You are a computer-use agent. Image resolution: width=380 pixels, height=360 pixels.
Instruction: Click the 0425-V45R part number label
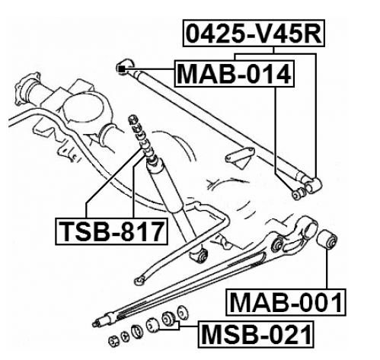point(254,33)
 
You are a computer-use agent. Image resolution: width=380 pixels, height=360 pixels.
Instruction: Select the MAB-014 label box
point(234,74)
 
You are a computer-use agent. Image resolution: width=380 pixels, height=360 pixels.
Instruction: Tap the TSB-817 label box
point(111,231)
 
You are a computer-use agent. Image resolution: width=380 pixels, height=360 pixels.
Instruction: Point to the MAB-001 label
point(286,302)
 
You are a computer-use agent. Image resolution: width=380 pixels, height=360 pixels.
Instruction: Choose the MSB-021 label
point(256,334)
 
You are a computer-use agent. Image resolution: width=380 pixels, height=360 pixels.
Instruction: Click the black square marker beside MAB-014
point(122,68)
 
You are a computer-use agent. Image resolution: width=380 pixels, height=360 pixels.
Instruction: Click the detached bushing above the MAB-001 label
point(327,240)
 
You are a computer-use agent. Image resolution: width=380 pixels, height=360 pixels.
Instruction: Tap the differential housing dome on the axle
point(82,107)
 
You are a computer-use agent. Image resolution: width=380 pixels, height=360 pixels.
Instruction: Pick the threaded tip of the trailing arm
point(97,323)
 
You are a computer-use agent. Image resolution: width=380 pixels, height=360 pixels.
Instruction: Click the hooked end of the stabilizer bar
point(139,280)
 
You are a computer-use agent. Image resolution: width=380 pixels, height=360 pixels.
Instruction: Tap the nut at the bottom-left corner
point(113,341)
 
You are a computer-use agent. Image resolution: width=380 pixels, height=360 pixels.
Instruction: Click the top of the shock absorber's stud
point(132,119)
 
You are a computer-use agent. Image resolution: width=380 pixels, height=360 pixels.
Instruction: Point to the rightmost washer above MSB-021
point(182,313)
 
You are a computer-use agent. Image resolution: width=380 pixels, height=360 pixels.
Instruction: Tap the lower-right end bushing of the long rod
point(313,185)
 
